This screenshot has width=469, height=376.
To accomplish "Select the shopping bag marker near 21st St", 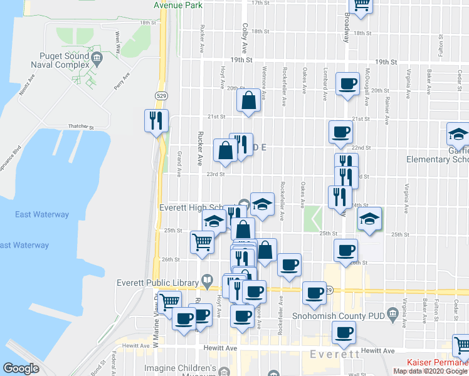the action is pos(249,100).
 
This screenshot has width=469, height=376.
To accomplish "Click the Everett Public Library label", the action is pos(157,282).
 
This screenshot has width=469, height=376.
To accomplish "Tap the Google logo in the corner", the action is pos(21,368).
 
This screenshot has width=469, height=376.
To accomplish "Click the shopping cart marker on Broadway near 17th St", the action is pos(361,4).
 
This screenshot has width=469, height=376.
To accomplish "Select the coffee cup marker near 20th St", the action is pos(347,83).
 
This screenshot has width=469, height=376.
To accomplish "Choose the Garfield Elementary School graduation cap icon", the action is pos(458,133).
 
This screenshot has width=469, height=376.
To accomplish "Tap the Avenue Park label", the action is pos(177,4).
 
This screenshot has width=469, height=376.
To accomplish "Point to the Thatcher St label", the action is pos(82,127).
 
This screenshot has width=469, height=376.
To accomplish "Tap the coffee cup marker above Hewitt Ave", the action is pos(343,332).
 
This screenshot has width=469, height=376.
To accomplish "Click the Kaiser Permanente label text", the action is pos(438,362).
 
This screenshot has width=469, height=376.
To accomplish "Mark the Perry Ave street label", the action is pos(122,81).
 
